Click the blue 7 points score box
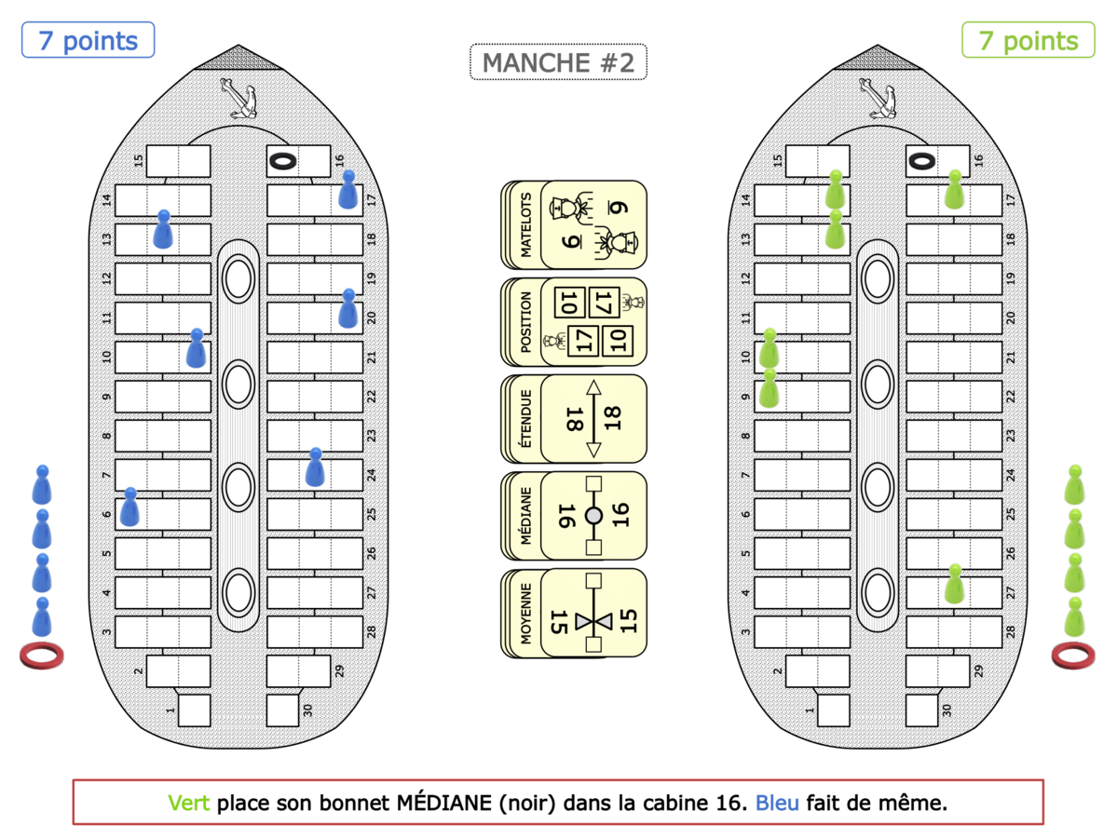89,40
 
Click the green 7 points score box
1028,40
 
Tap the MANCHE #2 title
559,62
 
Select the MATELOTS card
574,225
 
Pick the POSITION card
574,322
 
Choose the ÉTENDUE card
574,419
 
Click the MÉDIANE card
574,516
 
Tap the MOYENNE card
574,613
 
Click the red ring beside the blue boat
41,655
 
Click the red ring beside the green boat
1073,655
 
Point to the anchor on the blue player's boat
238,99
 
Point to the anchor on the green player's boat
878,99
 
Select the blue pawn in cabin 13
163,228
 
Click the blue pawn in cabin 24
315,467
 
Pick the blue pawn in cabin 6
129,507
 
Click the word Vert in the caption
189,804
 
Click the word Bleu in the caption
777,804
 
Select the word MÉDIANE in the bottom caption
444,803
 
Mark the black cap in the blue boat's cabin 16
282,162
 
